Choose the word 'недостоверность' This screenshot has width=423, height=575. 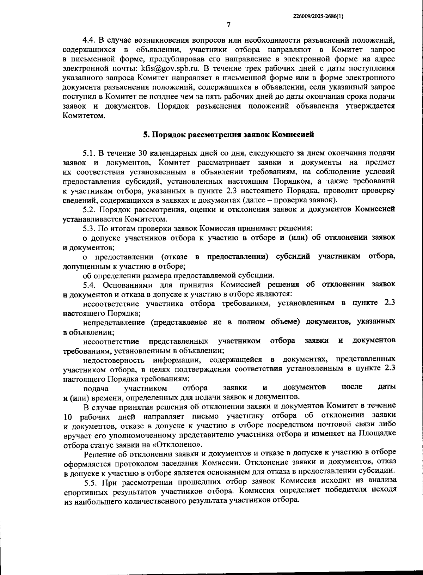[114, 360]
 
